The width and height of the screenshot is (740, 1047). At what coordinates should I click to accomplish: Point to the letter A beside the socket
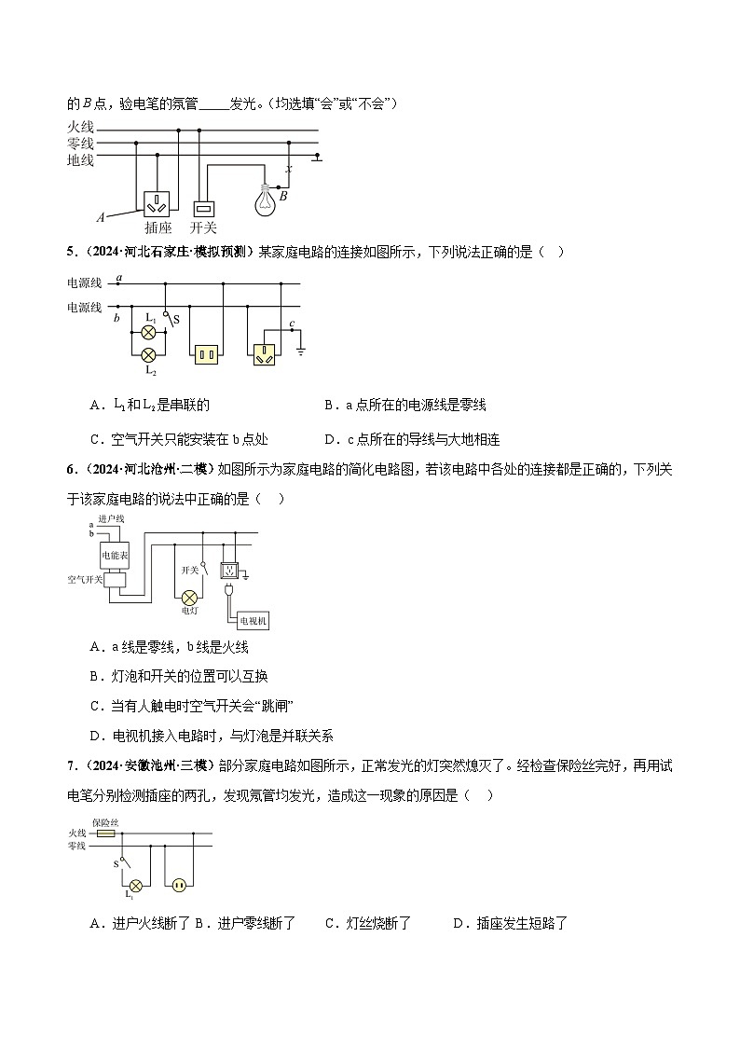[x=101, y=217]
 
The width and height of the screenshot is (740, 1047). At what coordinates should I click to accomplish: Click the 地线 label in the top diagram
[x=80, y=160]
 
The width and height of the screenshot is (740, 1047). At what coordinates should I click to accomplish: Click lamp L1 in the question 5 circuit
[x=147, y=331]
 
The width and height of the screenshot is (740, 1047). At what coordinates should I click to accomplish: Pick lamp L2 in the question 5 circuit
[x=147, y=355]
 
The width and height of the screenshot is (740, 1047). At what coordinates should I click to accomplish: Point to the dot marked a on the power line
[x=118, y=283]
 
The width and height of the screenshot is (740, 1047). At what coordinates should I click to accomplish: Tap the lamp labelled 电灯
[x=189, y=597]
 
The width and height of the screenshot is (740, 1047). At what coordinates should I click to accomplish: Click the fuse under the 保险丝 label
[x=105, y=833]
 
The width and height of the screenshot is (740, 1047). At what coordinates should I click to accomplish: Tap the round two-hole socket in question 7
[x=177, y=885]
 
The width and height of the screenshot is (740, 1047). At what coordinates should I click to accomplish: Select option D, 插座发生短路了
[x=510, y=924]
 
